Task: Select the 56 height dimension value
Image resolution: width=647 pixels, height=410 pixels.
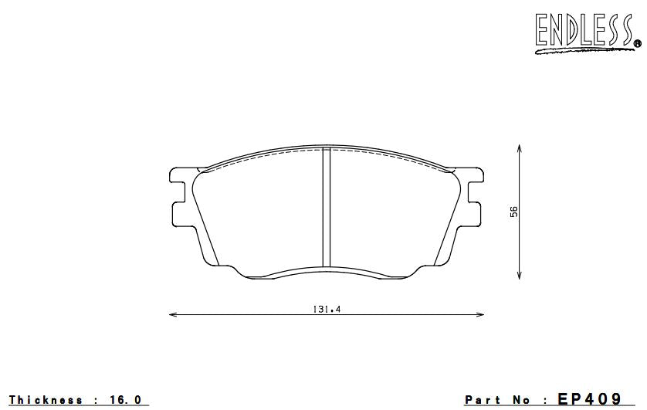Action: tap(513, 212)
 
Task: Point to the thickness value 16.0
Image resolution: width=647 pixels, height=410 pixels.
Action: tap(127, 400)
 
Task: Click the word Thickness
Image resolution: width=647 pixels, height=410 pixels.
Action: tap(46, 400)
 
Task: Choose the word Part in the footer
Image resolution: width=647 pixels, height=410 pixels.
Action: tap(482, 400)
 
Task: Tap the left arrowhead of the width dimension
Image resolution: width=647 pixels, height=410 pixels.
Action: tap(171, 314)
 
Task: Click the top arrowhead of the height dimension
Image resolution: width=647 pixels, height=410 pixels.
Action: tap(520, 147)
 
